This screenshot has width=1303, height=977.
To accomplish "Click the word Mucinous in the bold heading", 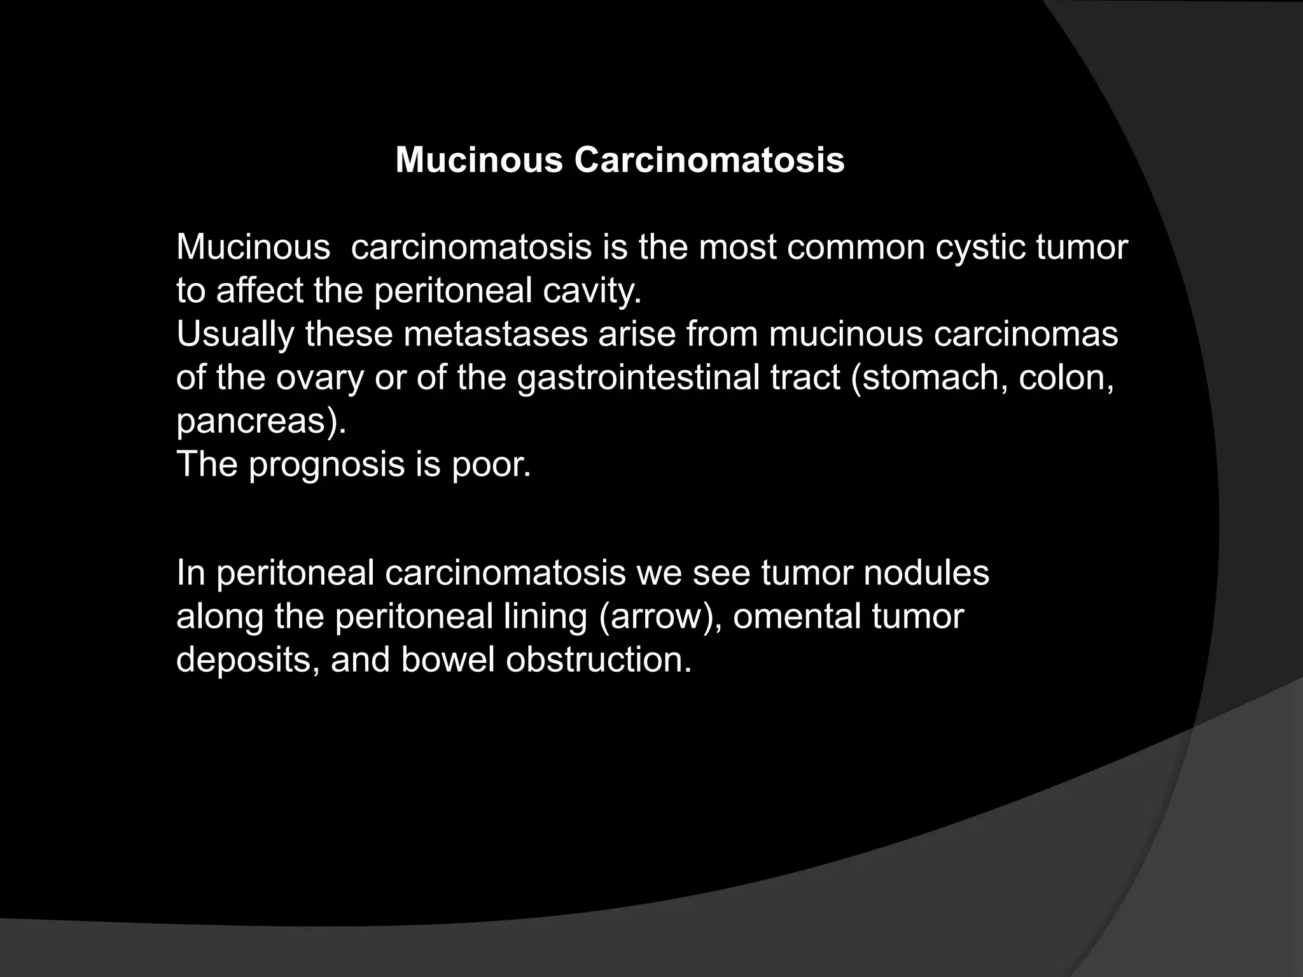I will pyautogui.click(x=479, y=160).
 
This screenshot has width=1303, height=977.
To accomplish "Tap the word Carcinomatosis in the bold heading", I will pyautogui.click(x=709, y=160).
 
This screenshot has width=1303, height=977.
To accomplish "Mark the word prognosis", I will pyautogui.click(x=326, y=464).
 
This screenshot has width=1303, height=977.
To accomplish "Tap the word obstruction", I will pyautogui.click(x=598, y=660).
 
